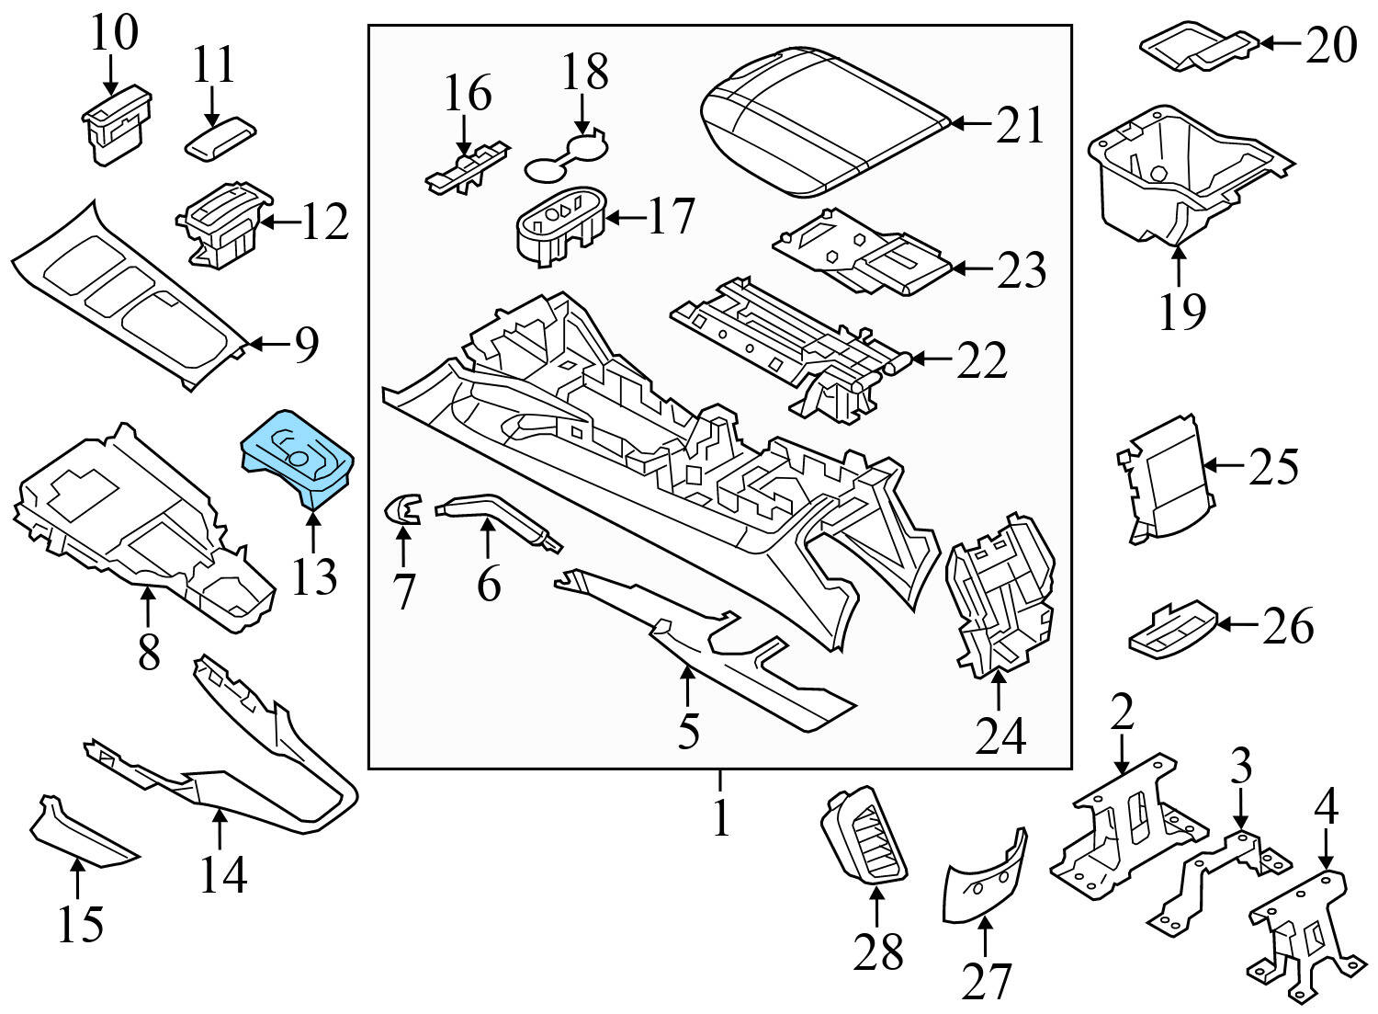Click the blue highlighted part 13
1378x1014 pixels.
pyautogui.click(x=296, y=457)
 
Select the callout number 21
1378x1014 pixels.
pyautogui.click(x=1021, y=125)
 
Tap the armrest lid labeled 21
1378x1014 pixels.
pyautogui.click(x=822, y=121)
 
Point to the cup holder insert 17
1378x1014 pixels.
pyautogui.click(x=559, y=226)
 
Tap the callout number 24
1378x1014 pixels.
pyautogui.click(x=1000, y=735)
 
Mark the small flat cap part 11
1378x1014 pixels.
pyautogui.click(x=220, y=139)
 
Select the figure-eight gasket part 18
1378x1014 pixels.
pyautogui.click(x=564, y=156)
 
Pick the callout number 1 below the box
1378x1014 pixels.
pyautogui.click(x=721, y=817)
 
